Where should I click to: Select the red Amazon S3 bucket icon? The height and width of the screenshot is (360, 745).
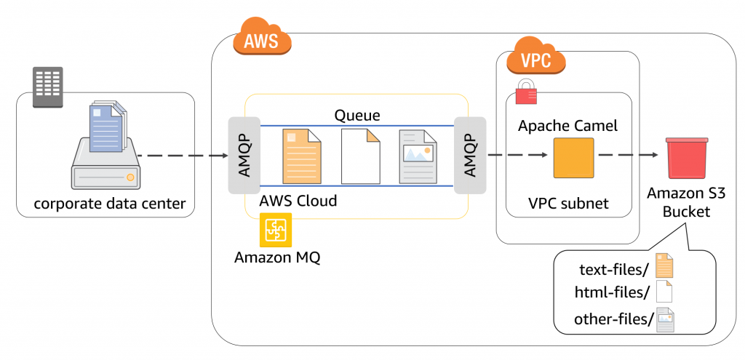[687, 158]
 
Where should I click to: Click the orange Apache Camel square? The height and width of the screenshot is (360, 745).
[574, 158]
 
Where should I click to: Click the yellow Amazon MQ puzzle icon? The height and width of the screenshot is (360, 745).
[276, 230]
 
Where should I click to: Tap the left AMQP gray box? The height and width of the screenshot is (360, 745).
[244, 156]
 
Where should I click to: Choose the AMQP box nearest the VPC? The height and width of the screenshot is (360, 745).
[470, 156]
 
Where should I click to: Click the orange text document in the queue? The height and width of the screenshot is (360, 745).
[302, 156]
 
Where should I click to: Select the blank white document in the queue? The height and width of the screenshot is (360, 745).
[361, 156]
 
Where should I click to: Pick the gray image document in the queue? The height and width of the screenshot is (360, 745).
[418, 156]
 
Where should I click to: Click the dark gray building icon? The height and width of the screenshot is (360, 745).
[47, 87]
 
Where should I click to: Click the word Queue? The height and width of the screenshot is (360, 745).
[357, 115]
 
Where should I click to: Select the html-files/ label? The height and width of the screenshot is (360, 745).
[612, 293]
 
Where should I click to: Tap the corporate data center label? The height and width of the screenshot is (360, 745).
[109, 204]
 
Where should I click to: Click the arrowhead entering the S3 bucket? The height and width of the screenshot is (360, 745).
[654, 156]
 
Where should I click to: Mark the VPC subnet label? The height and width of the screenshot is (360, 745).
[568, 203]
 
